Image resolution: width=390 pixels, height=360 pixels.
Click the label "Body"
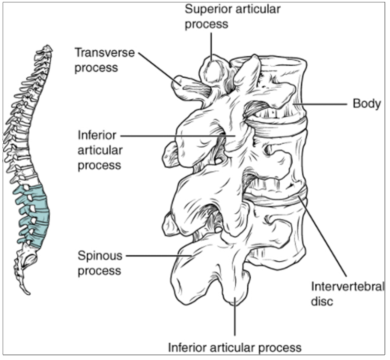(367, 104)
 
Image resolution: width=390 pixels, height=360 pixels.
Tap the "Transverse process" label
(96, 59)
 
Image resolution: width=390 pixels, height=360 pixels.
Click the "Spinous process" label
(100, 263)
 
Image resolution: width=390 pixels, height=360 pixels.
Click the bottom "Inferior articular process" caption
(234, 347)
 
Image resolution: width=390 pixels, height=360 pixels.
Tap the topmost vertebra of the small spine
(46, 48)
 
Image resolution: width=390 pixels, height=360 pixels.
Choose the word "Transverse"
(96, 52)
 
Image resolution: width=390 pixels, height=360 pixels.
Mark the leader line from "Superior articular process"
(211, 46)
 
